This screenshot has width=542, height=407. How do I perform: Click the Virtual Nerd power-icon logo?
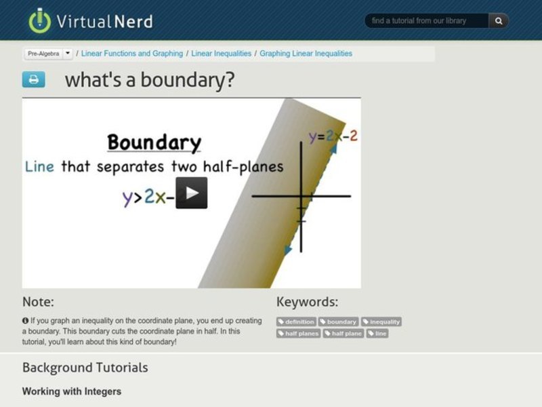(40, 20)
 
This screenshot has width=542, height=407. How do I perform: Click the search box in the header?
(427, 21)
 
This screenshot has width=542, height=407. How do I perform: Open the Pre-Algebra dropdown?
(68, 54)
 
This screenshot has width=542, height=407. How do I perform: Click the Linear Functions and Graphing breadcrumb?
(132, 54)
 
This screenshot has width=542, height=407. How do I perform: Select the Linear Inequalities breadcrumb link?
(222, 54)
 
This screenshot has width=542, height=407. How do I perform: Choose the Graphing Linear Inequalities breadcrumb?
(306, 54)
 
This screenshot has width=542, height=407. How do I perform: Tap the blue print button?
(33, 79)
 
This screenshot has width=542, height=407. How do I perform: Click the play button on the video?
(192, 193)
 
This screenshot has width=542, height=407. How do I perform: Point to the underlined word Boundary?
(154, 142)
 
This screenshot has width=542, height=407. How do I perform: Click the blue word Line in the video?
(39, 166)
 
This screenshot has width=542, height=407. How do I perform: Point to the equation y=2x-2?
(333, 136)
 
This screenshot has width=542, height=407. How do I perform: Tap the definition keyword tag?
(297, 322)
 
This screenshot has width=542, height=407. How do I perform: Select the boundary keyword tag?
(339, 322)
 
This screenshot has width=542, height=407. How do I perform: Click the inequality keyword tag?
(381, 322)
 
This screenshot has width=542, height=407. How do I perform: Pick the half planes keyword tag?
(299, 333)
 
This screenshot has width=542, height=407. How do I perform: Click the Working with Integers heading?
(72, 391)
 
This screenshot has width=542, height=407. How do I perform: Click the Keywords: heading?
(307, 303)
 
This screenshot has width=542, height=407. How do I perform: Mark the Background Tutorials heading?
(85, 368)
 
